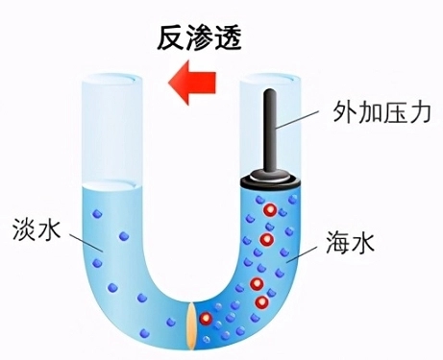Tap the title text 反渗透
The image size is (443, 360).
[198, 37]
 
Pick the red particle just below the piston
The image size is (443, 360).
[272, 210]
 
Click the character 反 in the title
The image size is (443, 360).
[171, 37]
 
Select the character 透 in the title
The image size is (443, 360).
[226, 37]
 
